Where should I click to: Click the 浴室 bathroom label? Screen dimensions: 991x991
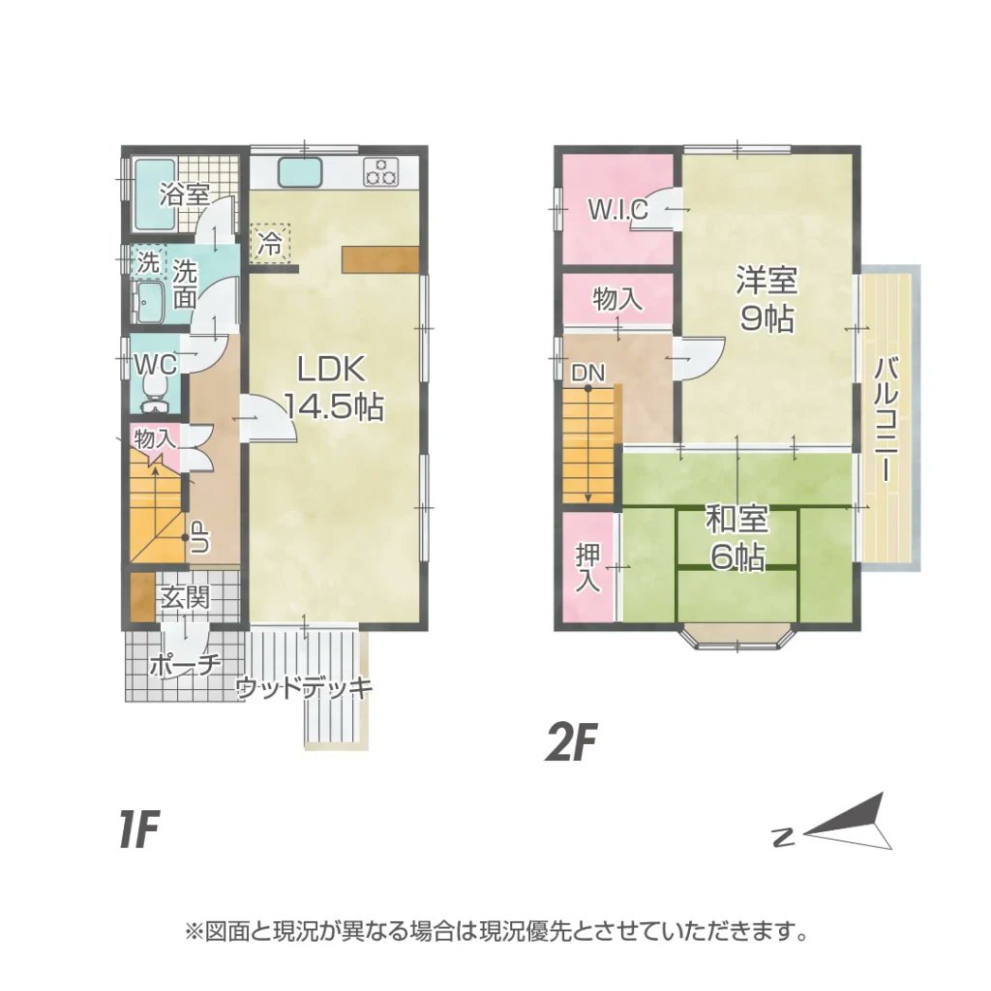184,194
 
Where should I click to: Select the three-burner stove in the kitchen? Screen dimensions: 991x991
381,172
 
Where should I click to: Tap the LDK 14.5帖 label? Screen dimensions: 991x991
332,387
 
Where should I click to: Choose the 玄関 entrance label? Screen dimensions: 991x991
184,598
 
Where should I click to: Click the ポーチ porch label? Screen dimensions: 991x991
187,665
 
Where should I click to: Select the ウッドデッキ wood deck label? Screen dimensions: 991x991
304,689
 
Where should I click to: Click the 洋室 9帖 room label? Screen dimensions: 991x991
766,299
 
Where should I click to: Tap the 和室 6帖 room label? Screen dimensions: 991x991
737,538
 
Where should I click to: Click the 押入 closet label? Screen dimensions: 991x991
587,568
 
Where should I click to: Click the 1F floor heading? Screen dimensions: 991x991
138,830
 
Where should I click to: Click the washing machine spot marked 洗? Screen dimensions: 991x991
148,261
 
